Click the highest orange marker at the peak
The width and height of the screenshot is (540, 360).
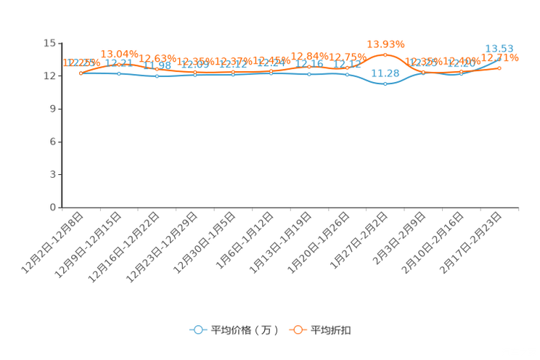(385, 54)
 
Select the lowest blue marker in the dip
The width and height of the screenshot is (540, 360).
(385, 83)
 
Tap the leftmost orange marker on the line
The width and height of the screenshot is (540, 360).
(81, 73)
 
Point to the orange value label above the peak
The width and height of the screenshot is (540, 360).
(385, 44)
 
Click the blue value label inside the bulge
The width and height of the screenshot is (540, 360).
(385, 73)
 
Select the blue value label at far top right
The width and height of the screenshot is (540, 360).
(499, 49)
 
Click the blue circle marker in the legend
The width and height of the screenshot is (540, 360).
(198, 330)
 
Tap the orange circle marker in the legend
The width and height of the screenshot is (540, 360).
(298, 330)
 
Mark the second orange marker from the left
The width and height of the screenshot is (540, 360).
(119, 64)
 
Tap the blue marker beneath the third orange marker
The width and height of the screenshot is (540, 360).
(157, 75)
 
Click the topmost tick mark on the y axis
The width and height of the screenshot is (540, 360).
(60, 43)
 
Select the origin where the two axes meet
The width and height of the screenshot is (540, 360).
(61, 208)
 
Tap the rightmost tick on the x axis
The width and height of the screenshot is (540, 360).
(519, 209)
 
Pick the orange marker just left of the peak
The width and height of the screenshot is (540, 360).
(347, 68)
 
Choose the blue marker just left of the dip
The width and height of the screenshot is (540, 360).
(347, 74)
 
